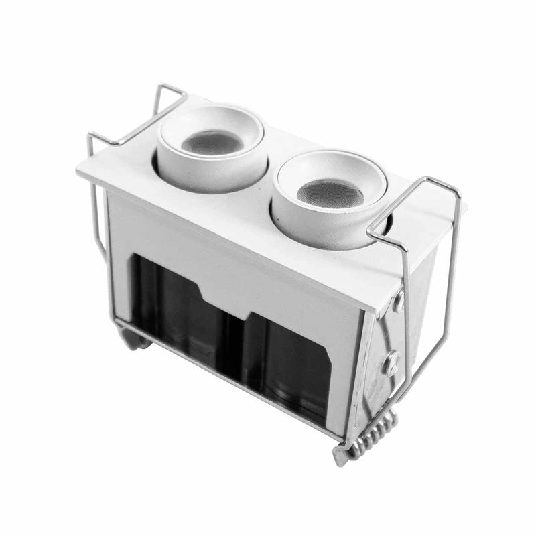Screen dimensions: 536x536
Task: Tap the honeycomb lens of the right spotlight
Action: click(x=330, y=193)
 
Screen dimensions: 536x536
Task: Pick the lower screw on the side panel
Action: click(x=390, y=364)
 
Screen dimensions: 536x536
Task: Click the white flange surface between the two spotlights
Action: click(x=268, y=191)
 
